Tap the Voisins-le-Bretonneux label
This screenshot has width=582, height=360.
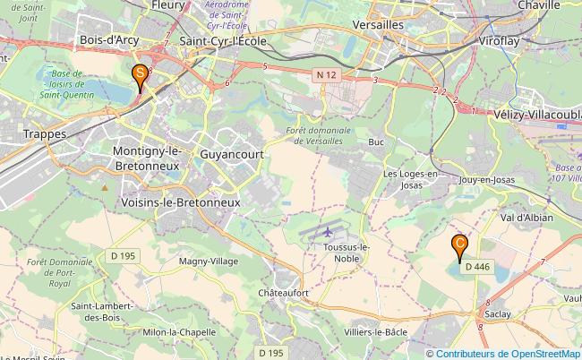coord(180,203)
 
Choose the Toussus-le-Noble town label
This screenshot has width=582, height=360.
coord(345,253)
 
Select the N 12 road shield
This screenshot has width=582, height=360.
coord(329,78)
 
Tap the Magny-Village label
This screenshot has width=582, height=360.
coord(208,261)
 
